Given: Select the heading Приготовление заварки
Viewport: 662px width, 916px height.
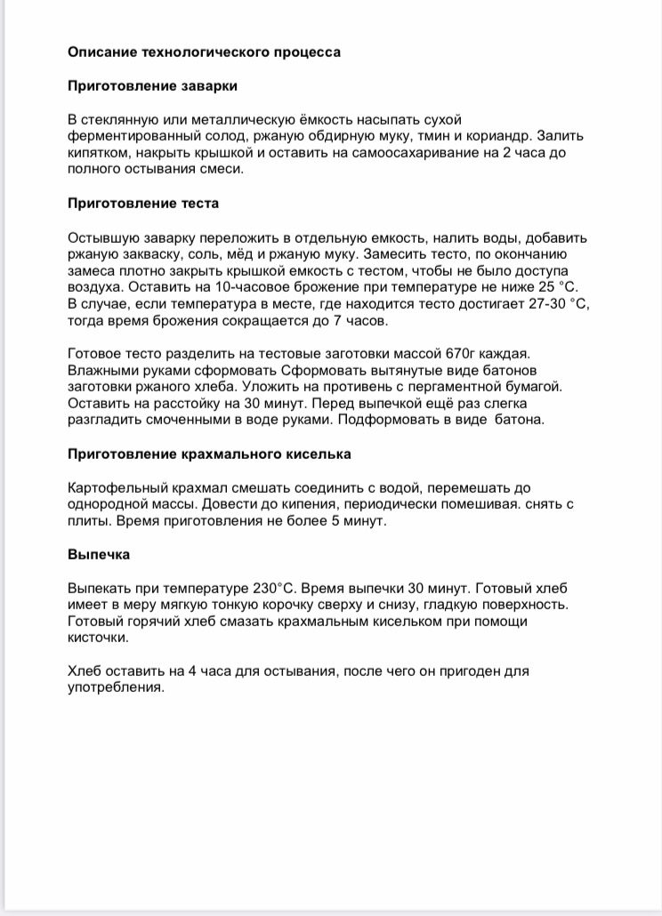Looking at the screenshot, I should coord(152,85).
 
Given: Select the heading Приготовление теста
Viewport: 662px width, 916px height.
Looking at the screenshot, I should coord(143,203).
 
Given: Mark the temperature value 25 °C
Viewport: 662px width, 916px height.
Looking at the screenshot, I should coord(542,287).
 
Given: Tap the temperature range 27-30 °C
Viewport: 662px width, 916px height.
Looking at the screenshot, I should coord(558,304).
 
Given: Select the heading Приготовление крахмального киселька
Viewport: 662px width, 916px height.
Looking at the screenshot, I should coord(209,454).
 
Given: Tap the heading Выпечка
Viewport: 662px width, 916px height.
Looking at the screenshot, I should coord(99,555).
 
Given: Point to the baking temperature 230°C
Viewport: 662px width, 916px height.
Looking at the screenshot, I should coord(272,588).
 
